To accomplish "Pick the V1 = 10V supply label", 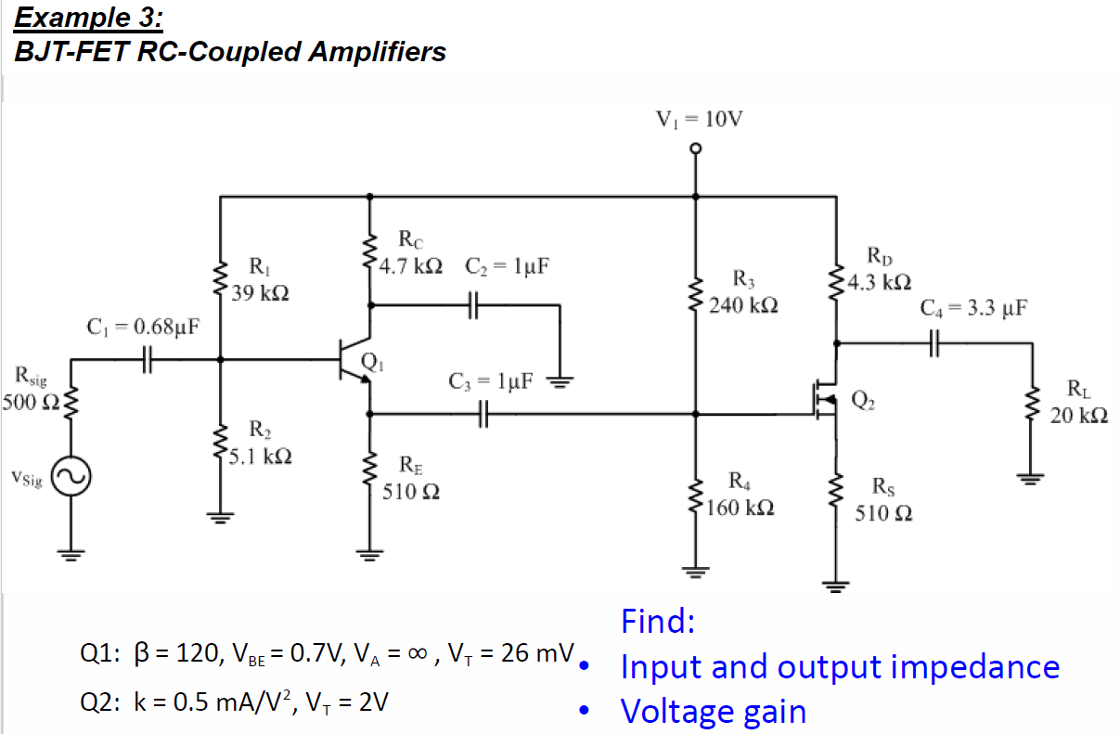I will (x=699, y=119).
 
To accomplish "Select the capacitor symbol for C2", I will (x=473, y=304).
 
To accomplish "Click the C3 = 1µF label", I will (x=491, y=380).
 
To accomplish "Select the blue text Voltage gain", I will (x=713, y=712).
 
